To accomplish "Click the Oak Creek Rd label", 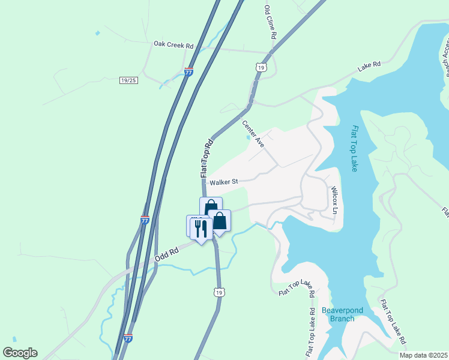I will pyautogui.click(x=173, y=44).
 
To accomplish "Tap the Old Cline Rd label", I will pyautogui.click(x=270, y=23).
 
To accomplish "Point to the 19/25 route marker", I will pyautogui.click(x=128, y=80).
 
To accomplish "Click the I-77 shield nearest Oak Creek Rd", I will pyautogui.click(x=189, y=72).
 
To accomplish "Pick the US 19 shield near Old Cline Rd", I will pyautogui.click(x=260, y=68).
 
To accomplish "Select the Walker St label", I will pyautogui.click(x=223, y=182).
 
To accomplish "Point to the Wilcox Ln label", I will pyautogui.click(x=335, y=200).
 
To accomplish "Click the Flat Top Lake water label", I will pyautogui.click(x=355, y=148).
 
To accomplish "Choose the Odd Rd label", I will pyautogui.click(x=167, y=254).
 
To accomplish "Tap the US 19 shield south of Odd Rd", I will pyautogui.click(x=219, y=292).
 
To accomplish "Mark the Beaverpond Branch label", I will pyautogui.click(x=338, y=314).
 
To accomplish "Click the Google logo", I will pyautogui.click(x=20, y=353).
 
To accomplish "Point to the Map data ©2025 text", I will pyautogui.click(x=423, y=355).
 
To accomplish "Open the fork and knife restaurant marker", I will pyautogui.click(x=200, y=228).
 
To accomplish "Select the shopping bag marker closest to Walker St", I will pyautogui.click(x=211, y=208).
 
